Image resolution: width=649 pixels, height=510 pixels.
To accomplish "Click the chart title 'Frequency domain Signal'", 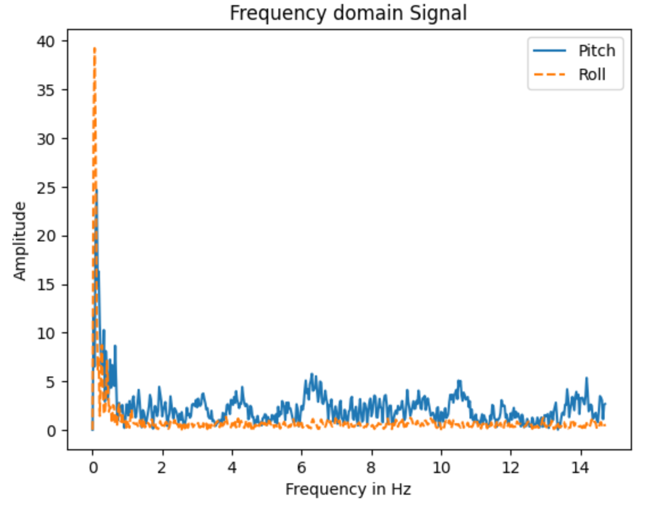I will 348,13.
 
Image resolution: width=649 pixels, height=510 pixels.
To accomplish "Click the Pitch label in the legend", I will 596,51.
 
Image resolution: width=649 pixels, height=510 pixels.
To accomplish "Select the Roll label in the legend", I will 592,74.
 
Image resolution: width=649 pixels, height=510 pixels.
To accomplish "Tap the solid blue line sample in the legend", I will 550,51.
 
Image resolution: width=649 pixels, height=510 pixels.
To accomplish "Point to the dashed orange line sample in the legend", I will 550,74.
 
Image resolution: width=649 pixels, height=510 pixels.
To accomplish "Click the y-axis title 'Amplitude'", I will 20,241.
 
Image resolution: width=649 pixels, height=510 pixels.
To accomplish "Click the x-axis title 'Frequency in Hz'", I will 348,489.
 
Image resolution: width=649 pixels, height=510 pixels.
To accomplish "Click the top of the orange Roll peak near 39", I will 94,48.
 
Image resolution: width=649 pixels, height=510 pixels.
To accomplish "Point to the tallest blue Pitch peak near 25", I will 97,190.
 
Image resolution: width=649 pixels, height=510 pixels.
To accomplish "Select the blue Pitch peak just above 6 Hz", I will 311,374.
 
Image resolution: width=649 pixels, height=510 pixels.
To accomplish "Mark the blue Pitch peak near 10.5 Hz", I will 459,381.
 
